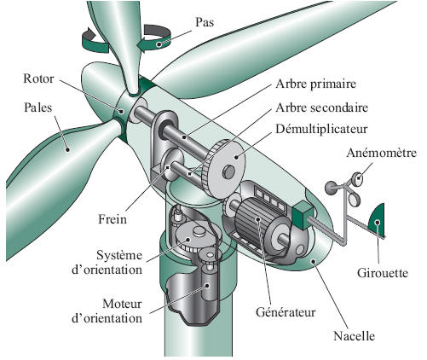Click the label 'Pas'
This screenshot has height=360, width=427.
pyautogui.click(x=205, y=22)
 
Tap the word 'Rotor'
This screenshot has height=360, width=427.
pyautogui.click(x=38, y=78)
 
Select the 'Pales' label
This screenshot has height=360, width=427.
pyautogui.click(x=38, y=107)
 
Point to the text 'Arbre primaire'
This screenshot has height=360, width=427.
pyautogui.click(x=315, y=84)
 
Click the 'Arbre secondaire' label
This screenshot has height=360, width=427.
pyautogui.click(x=321, y=107)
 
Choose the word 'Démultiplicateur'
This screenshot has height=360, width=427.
pyautogui.click(x=321, y=130)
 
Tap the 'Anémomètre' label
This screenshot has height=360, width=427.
pyautogui.click(x=382, y=153)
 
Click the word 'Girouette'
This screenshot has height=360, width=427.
pyautogui.click(x=383, y=273)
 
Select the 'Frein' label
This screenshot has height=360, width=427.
pyautogui.click(x=113, y=219)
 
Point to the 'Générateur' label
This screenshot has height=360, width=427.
pyautogui.click(x=286, y=312)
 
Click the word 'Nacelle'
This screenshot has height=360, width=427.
pyautogui.click(x=354, y=336)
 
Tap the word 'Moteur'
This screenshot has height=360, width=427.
pyautogui.click(x=122, y=304)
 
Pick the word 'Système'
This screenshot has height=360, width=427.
pyautogui.click(x=119, y=255)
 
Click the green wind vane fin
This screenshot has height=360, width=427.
pyautogui.click(x=378, y=219)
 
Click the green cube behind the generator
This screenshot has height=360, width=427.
pyautogui.click(x=303, y=215)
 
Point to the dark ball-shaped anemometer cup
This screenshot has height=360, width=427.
pyautogui.click(x=331, y=188)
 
